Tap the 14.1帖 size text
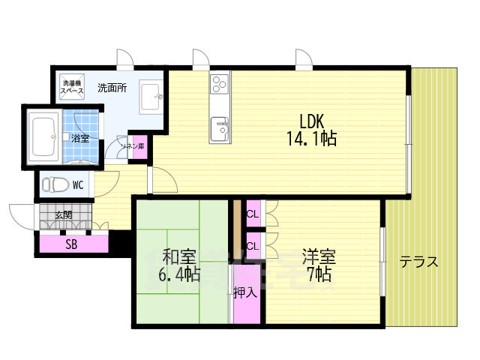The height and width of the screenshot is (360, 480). pos(310,139)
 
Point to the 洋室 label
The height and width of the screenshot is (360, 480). pos(319,256)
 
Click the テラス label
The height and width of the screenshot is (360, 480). pos(418,262)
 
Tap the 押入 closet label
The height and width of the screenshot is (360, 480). pos(245,292)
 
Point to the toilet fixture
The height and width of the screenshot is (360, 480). pos(53,183)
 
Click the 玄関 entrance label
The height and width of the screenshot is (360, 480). pos(64,216)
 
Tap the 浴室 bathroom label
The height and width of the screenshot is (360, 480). pos(79,139)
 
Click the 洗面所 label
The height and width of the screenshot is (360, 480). pos(112,87)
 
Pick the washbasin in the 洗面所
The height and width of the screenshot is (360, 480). pos(152,95)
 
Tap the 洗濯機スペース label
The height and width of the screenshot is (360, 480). pos(73,86)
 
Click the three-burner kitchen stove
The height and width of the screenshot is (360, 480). pos(220,82)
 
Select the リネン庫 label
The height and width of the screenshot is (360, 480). pos(134,147)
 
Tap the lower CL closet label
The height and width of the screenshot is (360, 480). pos(252,244)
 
